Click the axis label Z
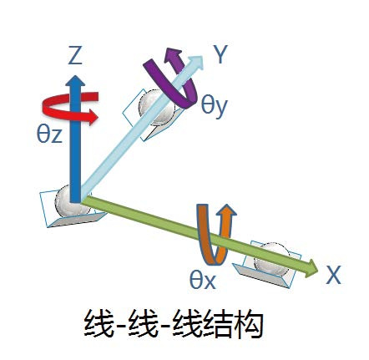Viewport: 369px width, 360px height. click(x=75, y=56)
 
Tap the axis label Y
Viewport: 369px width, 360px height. click(x=220, y=54)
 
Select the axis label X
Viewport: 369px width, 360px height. click(x=333, y=275)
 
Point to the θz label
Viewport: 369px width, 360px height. click(x=49, y=134)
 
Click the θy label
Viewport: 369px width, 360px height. click(x=215, y=107)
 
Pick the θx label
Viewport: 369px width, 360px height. click(x=203, y=280)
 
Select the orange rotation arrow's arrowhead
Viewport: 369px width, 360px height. click(x=227, y=211)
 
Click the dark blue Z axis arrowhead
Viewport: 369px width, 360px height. click(x=75, y=81)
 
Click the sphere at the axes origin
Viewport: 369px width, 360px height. click(x=68, y=201)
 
